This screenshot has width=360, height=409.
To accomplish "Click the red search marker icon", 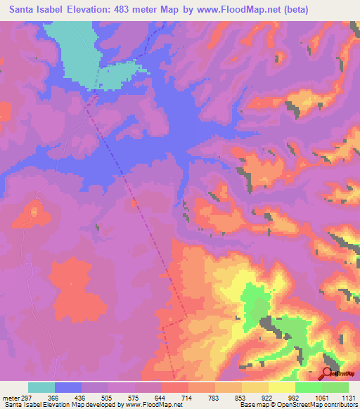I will click(x=328, y=373).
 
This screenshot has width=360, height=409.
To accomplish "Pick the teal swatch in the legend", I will click(x=41, y=387).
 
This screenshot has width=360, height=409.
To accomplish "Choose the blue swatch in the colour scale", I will click(x=68, y=387).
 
